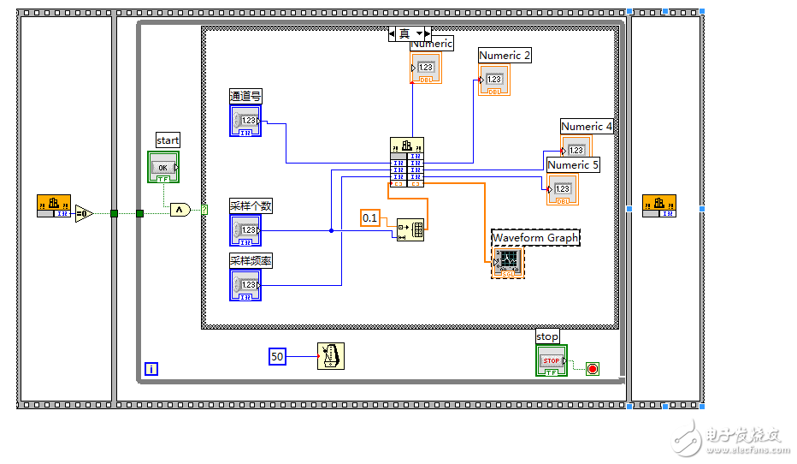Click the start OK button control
coord(164,167)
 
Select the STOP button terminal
coord(551,360)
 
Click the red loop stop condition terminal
coord(593,369)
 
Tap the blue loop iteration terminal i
coord(151,369)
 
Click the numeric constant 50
coord(277,356)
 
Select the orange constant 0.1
coord(370,218)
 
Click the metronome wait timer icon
coord(331,356)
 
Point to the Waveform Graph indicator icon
coord(508,262)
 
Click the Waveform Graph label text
coord(535,237)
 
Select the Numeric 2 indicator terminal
coord(493,80)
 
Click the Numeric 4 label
coord(587,127)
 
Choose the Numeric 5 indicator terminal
coord(563,189)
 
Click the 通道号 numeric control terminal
coord(245,121)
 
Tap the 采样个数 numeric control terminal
coord(245,230)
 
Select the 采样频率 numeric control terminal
coord(245,285)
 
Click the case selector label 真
coord(404,33)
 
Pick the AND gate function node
coord(180,210)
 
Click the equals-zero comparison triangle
coord(84,212)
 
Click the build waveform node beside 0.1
coord(410,229)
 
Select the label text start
coord(168,140)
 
